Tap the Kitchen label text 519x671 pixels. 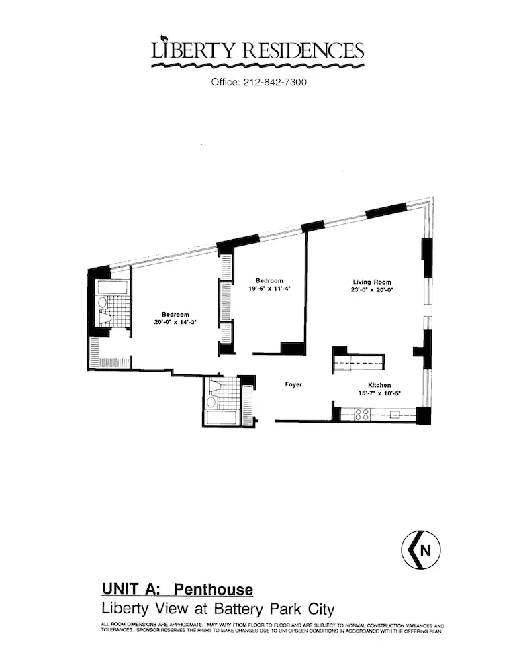point(379,384)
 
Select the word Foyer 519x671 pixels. point(293,384)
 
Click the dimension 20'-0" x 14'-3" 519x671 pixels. point(175,322)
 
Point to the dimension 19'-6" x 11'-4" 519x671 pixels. point(269,289)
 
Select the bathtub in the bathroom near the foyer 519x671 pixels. point(222,417)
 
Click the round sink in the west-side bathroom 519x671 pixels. point(103,303)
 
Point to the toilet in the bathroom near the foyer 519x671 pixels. point(214,386)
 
